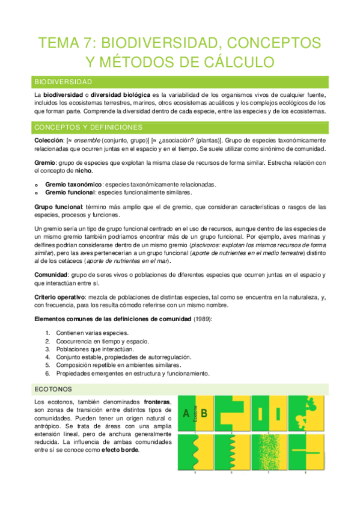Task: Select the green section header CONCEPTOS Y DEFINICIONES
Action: coord(88,127)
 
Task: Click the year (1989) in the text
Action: coord(202,319)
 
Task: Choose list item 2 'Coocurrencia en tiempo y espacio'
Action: coord(95,341)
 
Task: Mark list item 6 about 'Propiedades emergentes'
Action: coord(132,373)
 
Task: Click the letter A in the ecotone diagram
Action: coord(186,413)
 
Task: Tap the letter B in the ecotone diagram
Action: coord(204,413)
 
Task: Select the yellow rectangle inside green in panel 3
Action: coord(260,414)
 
